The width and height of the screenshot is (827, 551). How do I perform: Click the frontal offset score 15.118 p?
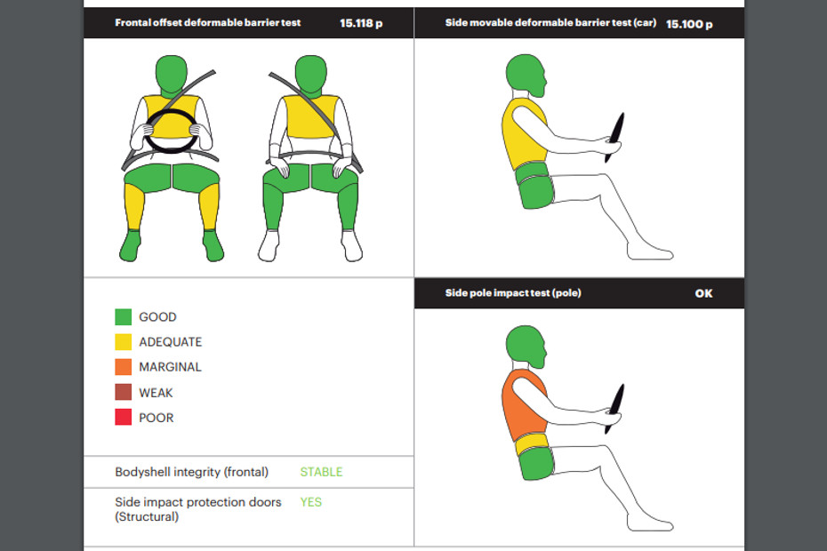361,23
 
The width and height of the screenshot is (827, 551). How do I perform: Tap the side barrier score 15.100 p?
689,24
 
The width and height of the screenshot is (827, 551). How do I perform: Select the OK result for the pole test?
703,293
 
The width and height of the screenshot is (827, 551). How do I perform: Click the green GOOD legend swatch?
124,317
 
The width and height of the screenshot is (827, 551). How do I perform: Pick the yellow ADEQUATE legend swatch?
124,341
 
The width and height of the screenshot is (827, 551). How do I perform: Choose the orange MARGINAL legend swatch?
124,367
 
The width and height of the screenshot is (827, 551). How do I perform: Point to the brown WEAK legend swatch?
124,392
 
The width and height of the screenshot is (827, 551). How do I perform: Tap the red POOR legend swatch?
124,417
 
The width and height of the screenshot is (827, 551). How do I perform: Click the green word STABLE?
321,472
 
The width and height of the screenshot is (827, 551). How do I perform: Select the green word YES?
310,502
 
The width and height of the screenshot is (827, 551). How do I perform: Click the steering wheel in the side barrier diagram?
614,137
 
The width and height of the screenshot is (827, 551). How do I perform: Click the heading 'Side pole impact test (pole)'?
513,293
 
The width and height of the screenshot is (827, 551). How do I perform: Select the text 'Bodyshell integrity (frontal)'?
191,472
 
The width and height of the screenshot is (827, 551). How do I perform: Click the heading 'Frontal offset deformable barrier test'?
208,23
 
